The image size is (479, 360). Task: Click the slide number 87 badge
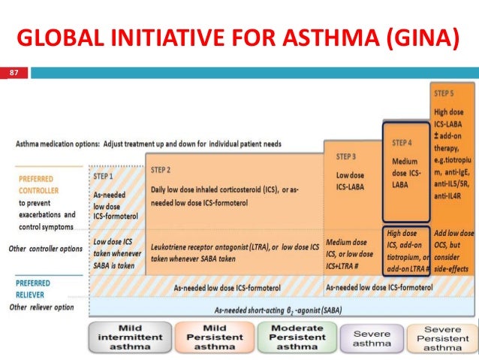pos(12,73)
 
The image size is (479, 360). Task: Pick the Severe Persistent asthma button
pos(441,337)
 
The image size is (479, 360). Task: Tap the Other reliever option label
pos(42,307)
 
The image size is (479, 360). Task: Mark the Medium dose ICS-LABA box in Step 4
pos(407,171)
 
